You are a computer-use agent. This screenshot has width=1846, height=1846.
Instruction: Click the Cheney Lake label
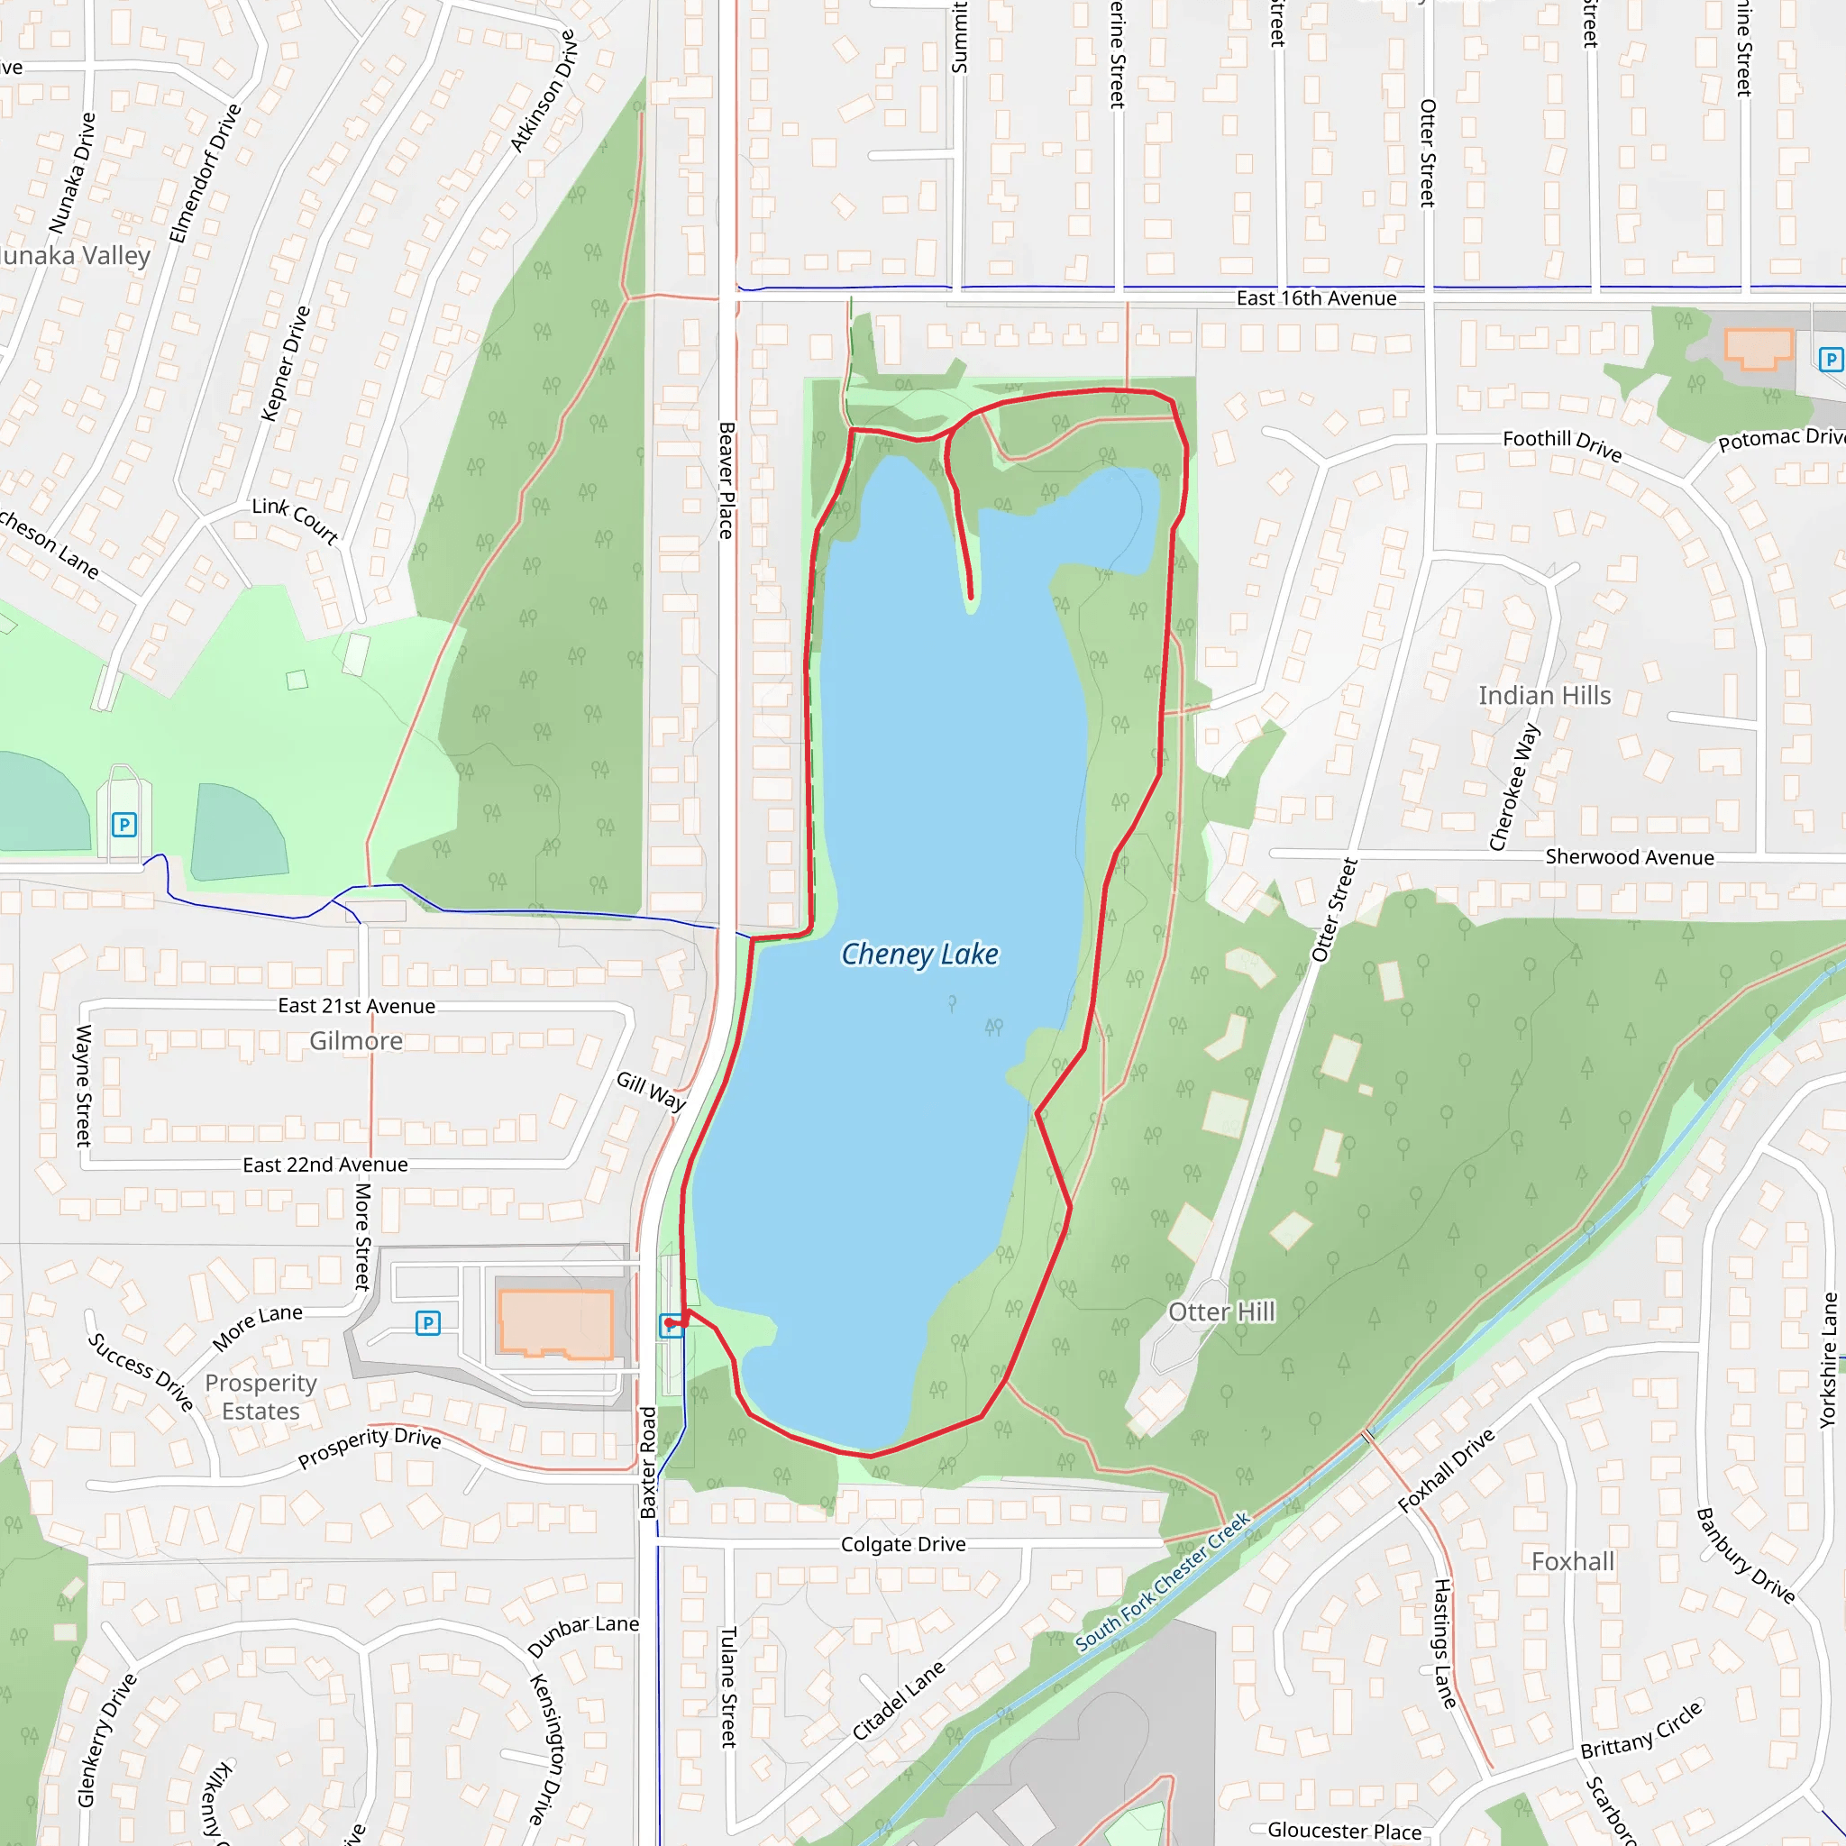919,954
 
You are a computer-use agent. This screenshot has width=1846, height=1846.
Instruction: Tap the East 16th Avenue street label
1316,298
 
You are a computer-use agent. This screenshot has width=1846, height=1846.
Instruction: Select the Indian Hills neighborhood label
1544,696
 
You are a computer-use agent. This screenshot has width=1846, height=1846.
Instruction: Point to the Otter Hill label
1221,1311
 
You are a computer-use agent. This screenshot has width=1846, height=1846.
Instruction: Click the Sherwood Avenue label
1629,857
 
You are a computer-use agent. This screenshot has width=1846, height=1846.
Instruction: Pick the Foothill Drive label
1562,444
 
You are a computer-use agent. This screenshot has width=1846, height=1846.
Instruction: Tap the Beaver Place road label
727,480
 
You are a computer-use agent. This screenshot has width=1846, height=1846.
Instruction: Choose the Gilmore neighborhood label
355,1040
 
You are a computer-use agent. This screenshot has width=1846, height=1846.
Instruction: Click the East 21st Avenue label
356,1006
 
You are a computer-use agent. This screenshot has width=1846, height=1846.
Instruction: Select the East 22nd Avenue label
324,1165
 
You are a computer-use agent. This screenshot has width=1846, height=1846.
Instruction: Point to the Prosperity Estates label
260,1397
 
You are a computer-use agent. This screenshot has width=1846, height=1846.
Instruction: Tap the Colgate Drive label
903,1544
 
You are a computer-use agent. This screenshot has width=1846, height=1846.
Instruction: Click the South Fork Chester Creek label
1163,1582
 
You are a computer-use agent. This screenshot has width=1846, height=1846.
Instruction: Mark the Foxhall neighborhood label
1573,1561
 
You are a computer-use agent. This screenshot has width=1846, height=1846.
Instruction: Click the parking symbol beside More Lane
428,1323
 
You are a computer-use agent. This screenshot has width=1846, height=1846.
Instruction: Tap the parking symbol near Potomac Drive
1830,360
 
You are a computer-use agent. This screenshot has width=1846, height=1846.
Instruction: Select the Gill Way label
652,1091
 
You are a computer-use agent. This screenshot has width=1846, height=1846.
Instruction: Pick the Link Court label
296,520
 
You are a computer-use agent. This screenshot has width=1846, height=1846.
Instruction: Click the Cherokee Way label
1514,787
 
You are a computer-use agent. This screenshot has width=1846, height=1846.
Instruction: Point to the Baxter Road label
649,1462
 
